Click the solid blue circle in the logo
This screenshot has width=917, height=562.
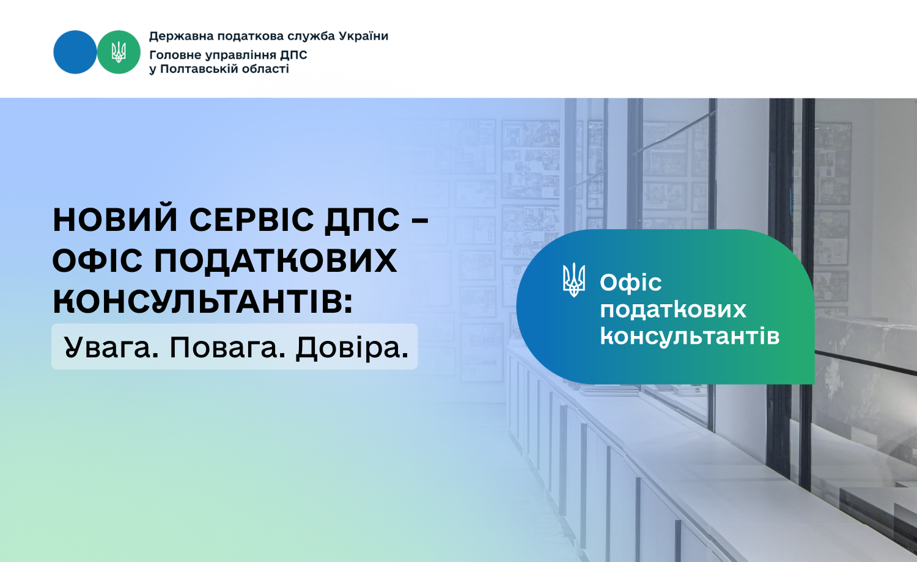pyautogui.click(x=75, y=52)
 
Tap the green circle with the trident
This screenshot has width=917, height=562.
pyautogui.click(x=119, y=52)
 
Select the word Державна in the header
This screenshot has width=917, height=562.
pyautogui.click(x=181, y=37)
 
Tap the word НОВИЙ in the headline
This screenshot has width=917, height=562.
pyautogui.click(x=116, y=220)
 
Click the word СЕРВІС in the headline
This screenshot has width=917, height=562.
pyautogui.click(x=251, y=220)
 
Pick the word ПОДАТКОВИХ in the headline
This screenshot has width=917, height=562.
pyautogui.click(x=275, y=261)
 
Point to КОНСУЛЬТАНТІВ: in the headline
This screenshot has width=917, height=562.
pyautogui.click(x=202, y=301)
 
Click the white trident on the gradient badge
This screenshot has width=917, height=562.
pyautogui.click(x=574, y=280)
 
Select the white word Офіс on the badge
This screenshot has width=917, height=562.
pyautogui.click(x=631, y=282)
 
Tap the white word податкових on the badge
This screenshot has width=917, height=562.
pyautogui.click(x=673, y=310)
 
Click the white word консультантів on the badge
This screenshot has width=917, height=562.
pyautogui.click(x=690, y=337)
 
